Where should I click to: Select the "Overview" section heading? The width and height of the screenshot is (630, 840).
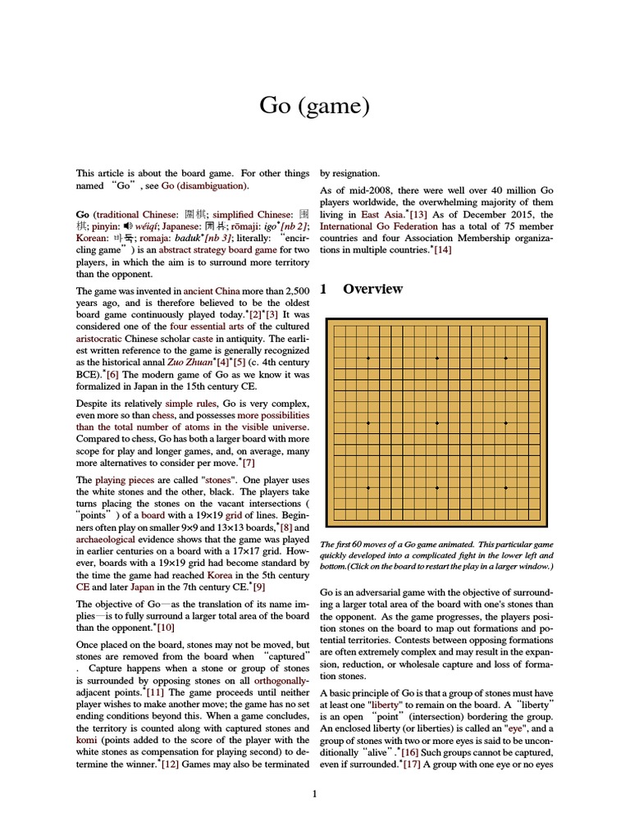[372, 289]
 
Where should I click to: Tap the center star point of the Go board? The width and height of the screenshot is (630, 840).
[436, 422]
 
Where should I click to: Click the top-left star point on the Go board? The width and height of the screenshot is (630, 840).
[367, 358]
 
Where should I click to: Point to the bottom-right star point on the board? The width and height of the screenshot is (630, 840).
[505, 487]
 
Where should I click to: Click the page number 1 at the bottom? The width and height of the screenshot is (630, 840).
[314, 793]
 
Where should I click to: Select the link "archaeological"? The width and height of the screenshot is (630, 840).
[108, 539]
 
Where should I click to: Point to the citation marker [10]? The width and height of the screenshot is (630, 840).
[166, 628]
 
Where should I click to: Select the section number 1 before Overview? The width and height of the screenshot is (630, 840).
[324, 289]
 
